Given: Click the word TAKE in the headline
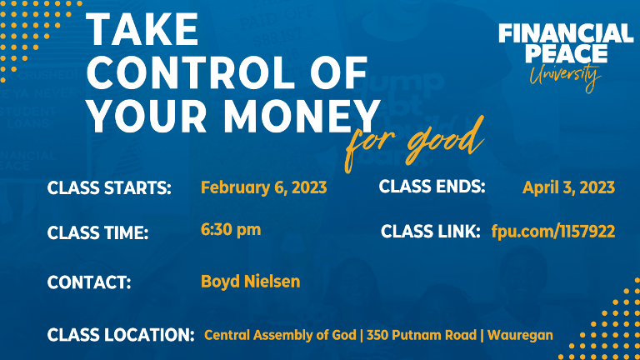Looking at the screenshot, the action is (142, 29).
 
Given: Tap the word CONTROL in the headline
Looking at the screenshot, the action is (191, 72).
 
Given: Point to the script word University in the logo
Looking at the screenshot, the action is (565, 77).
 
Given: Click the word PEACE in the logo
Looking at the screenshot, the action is (566, 53).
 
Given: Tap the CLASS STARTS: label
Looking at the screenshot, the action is (109, 188).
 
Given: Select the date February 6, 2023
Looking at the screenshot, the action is (263, 187).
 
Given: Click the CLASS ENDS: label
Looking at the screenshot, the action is (432, 187).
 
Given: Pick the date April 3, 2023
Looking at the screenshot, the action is (568, 187).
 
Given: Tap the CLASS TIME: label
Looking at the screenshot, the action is (97, 233).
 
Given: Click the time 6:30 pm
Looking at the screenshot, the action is (231, 230).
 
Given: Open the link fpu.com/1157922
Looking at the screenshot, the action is (553, 232).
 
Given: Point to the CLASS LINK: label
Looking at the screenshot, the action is (430, 232).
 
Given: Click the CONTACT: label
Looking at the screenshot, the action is (89, 282).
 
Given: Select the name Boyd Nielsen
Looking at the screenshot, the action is (250, 282).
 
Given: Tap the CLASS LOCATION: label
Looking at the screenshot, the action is (121, 335).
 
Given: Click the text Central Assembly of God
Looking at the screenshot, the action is (280, 335).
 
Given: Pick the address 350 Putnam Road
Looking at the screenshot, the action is (422, 335).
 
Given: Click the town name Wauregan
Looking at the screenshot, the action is (520, 336).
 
